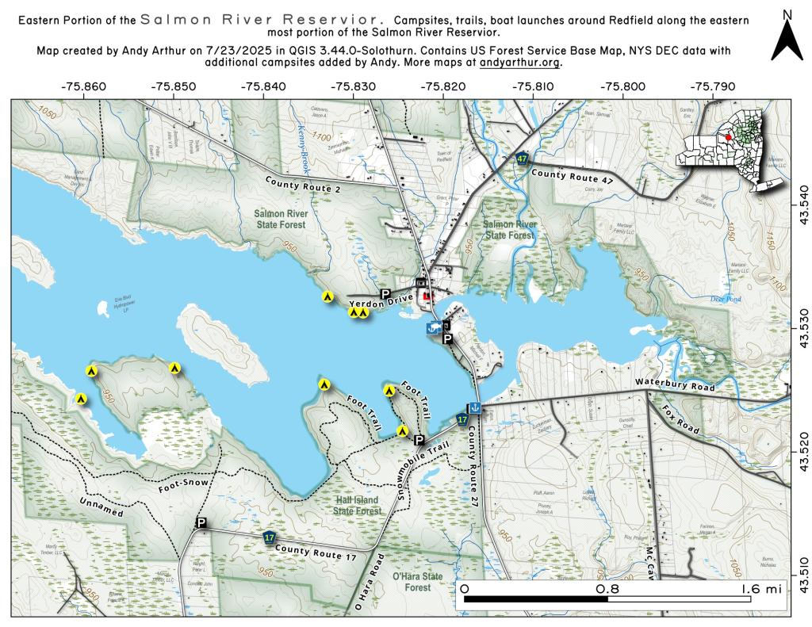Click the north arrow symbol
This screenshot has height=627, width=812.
787,40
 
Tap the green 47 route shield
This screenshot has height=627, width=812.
521,159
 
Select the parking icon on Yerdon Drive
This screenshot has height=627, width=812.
386,294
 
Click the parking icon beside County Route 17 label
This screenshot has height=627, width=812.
201,522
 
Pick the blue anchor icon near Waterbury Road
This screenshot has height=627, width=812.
473,407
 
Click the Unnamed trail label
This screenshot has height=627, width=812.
101,507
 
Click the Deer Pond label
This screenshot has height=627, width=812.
725,300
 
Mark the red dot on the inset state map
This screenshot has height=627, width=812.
728,136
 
